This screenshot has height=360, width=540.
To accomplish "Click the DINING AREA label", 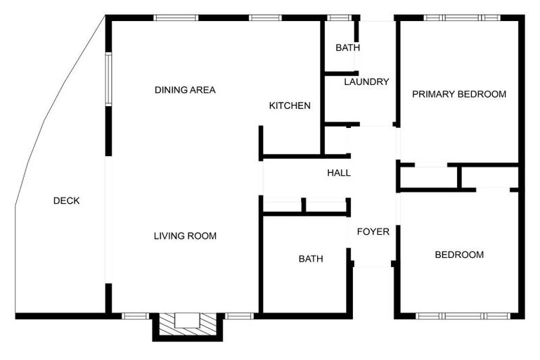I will pyautogui.click(x=185, y=90).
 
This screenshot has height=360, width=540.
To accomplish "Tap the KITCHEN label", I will pyautogui.click(x=290, y=106).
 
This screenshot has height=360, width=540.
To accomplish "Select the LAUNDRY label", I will pyautogui.click(x=366, y=82).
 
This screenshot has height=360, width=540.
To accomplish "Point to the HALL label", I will pyautogui.click(x=339, y=173).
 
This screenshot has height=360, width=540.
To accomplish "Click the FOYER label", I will pyautogui.click(x=373, y=232).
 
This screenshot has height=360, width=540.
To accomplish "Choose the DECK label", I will pyautogui.click(x=67, y=201).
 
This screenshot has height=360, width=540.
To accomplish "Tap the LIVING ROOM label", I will pyautogui.click(x=185, y=236).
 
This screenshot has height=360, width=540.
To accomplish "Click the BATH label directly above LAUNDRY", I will pyautogui.click(x=347, y=49).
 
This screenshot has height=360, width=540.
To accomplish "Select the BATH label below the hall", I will pyautogui.click(x=311, y=259).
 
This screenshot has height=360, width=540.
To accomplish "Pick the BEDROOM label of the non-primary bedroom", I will pyautogui.click(x=459, y=255).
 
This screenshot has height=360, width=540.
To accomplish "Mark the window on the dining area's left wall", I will pyautogui.click(x=108, y=77).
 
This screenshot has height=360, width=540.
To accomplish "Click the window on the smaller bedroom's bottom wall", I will pyautogui.click(x=463, y=316).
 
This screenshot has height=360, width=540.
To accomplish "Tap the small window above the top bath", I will pyautogui.click(x=340, y=18).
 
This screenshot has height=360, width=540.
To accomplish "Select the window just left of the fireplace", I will pyautogui.click(x=135, y=316).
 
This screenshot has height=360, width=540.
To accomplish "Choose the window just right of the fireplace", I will pyautogui.click(x=239, y=316).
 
